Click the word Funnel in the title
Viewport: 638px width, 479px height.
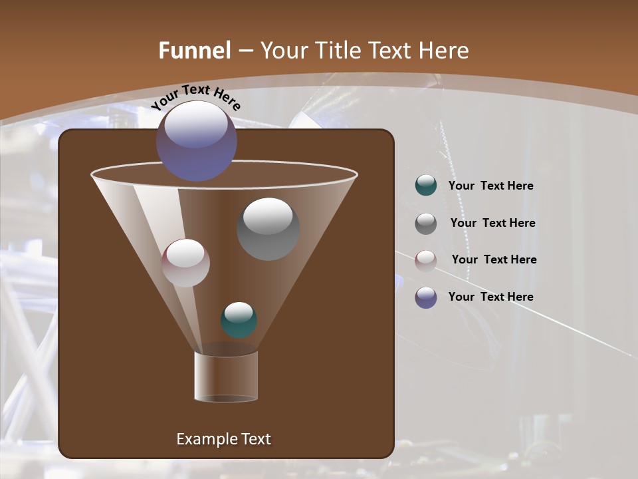pyautogui.click(x=195, y=51)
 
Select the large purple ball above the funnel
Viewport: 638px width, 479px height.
pyautogui.click(x=197, y=141)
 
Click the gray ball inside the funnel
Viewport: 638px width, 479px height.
pyautogui.click(x=268, y=229)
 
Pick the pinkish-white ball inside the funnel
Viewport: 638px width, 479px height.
pyautogui.click(x=185, y=263)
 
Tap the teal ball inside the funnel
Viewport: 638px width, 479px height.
pyautogui.click(x=239, y=320)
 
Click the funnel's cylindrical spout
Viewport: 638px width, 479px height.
pyautogui.click(x=225, y=377)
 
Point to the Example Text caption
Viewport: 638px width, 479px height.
pyautogui.click(x=223, y=439)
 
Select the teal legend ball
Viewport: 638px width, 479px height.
pyautogui.click(x=426, y=186)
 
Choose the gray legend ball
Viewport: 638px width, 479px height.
pyautogui.click(x=426, y=223)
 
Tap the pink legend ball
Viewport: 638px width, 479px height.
pyautogui.click(x=426, y=260)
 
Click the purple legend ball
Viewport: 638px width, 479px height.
pyautogui.click(x=426, y=297)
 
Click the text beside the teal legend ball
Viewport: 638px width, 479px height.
pyautogui.click(x=490, y=186)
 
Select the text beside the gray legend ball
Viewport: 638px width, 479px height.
pyautogui.click(x=492, y=224)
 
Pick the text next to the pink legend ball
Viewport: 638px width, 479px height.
pyautogui.click(x=494, y=260)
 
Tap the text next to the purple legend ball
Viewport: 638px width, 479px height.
pyautogui.click(x=490, y=297)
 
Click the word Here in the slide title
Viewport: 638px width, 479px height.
pyautogui.click(x=444, y=51)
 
